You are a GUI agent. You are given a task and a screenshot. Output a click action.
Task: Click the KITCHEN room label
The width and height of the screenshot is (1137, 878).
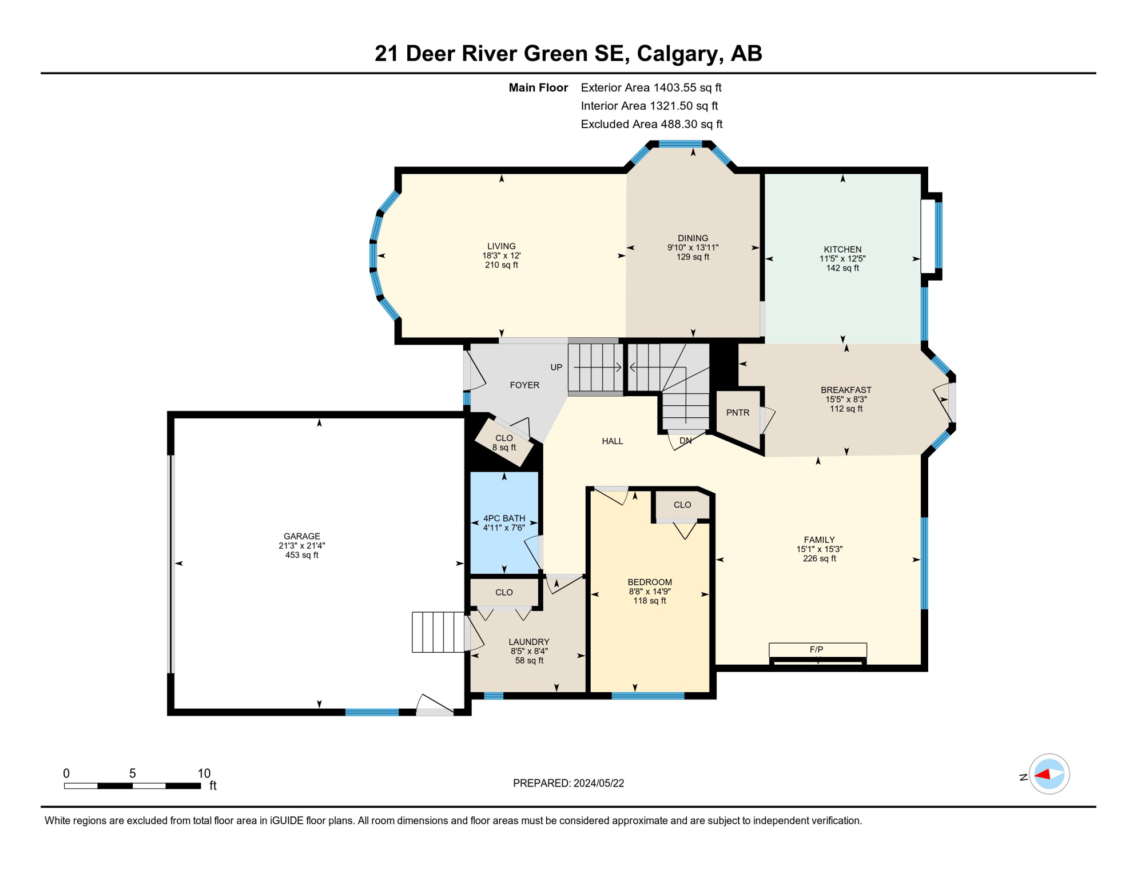(x=842, y=249)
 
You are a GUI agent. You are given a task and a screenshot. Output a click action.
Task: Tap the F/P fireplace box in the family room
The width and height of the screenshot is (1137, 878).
(x=817, y=649)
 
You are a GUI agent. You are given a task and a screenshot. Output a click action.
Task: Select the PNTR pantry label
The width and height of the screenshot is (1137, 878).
(x=737, y=413)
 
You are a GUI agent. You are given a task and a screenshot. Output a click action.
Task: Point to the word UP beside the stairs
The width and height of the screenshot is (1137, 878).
(x=556, y=367)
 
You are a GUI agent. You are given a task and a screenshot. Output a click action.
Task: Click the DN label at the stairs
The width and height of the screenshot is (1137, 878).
(x=685, y=441)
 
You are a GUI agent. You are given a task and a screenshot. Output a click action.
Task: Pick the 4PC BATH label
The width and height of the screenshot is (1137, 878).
(x=504, y=518)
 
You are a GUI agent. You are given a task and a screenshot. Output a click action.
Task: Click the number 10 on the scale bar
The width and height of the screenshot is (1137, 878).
(x=204, y=773)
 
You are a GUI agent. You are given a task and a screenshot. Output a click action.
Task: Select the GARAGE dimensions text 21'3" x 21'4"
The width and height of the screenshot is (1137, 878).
(x=301, y=546)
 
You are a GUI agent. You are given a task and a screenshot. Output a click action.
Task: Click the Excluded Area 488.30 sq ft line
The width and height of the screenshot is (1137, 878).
(x=651, y=124)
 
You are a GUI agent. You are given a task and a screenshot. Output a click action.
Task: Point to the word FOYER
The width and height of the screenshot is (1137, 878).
(x=524, y=385)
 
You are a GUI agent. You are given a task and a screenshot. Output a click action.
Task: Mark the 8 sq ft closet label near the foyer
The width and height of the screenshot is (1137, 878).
(x=504, y=448)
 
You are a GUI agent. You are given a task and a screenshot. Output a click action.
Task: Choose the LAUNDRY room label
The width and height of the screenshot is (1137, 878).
(x=528, y=642)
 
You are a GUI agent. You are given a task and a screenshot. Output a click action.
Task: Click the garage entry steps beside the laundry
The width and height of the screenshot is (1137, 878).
(x=438, y=632)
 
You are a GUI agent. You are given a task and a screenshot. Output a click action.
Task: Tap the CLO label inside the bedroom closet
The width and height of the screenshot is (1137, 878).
(x=682, y=505)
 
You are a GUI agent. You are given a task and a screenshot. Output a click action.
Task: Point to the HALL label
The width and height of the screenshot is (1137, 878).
(x=612, y=441)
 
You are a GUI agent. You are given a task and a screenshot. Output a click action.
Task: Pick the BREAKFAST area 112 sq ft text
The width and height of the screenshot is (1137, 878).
(x=846, y=409)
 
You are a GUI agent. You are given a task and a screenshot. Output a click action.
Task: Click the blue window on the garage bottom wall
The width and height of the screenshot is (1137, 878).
(x=372, y=712)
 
